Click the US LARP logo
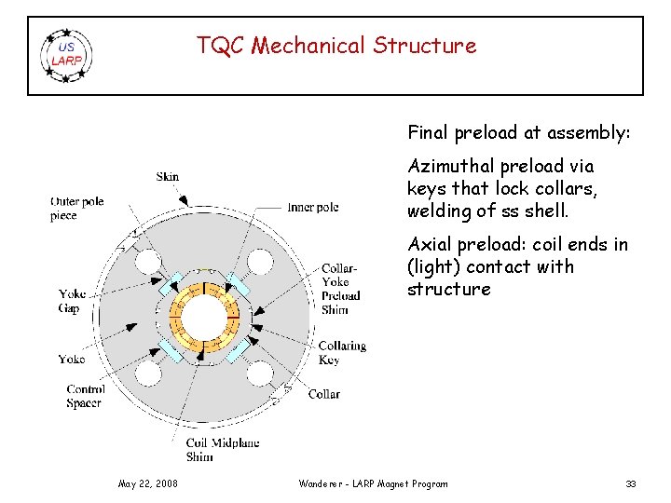coord(66,55)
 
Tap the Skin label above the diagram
coord(169,177)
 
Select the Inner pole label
coord(313,207)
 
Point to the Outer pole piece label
coord(77,209)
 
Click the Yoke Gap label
coord(72,301)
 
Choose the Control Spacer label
coord(86,396)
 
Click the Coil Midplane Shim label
coord(222,450)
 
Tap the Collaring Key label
coord(342,353)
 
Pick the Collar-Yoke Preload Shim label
coord(340,289)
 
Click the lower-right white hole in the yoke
coord(259,374)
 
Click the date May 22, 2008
coord(148,483)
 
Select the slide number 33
coord(631,483)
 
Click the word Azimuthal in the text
coord(445,167)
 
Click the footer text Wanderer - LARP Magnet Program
coord(373,483)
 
